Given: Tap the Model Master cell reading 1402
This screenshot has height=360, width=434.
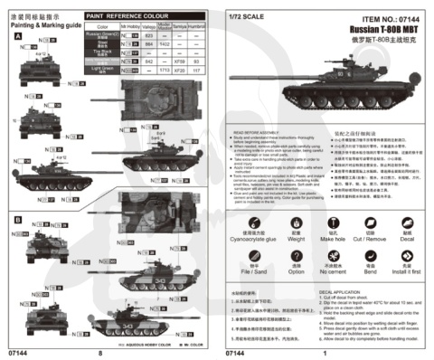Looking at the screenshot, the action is click(x=165, y=45).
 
